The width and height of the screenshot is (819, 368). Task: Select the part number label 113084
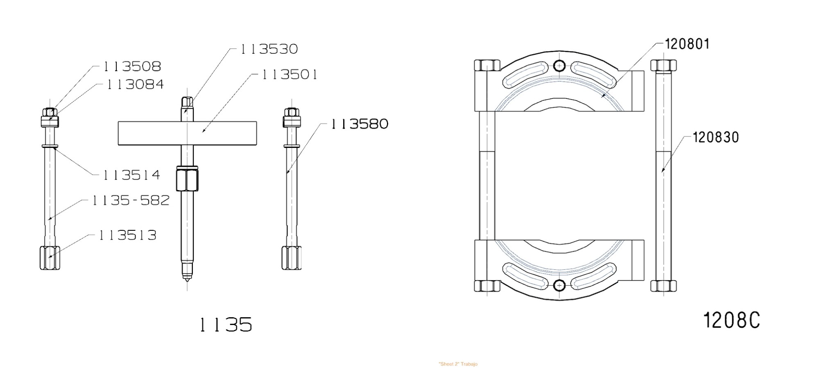coord(135,84)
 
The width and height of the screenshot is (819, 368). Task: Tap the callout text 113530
coord(269,49)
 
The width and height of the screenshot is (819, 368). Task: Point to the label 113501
coord(289,75)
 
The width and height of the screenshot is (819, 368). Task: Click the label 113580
coord(359,124)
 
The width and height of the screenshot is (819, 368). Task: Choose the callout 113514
coord(131,175)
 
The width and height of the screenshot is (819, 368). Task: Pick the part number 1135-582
coord(130,200)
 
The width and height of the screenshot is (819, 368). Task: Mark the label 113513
coord(127,235)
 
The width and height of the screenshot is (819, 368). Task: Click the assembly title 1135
coord(226,325)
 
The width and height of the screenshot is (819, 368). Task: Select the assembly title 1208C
coord(731,320)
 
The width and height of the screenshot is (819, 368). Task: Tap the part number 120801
coord(687,44)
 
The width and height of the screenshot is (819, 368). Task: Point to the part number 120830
coord(715,137)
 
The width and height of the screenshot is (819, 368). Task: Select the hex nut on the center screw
coord(187,179)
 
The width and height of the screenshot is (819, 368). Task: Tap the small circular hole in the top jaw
coord(559,66)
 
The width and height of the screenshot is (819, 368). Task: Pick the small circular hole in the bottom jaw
coord(559,285)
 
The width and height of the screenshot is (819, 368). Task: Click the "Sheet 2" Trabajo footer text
coord(458,364)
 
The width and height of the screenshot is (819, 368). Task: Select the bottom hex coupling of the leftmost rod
coord(50,258)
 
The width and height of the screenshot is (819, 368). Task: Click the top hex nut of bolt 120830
coord(663,65)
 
